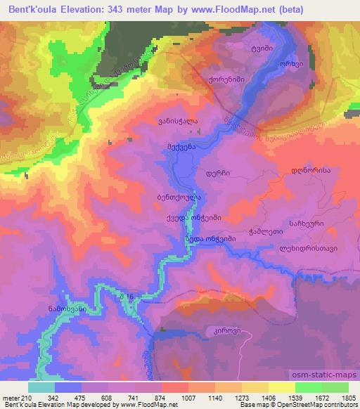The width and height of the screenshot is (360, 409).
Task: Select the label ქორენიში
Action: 226,80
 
